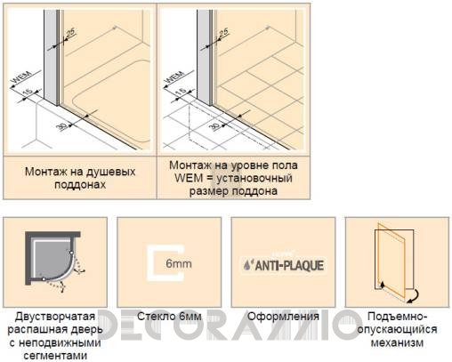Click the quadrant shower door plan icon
point(54,263)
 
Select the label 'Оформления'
point(284,318)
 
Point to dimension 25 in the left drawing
point(71,33)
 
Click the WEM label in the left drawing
point(18,82)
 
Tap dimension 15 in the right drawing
point(181,93)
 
